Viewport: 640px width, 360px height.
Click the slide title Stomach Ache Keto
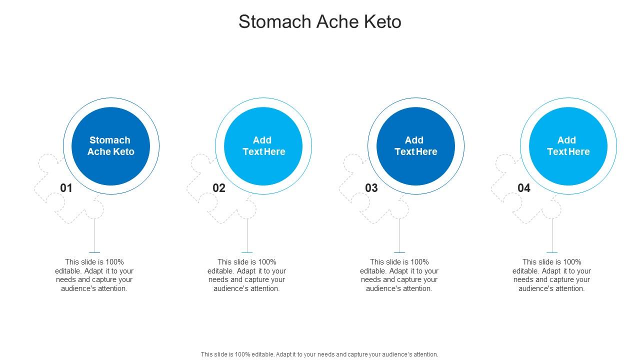(319, 22)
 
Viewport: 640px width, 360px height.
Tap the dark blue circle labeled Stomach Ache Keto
(111, 146)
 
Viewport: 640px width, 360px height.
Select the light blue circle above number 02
(263, 146)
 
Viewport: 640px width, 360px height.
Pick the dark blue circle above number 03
(415, 146)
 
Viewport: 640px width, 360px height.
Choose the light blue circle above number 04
(568, 146)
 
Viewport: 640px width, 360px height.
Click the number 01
(66, 188)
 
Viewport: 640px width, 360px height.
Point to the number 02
(219, 188)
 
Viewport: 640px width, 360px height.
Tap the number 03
(371, 188)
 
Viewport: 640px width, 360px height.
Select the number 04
(524, 188)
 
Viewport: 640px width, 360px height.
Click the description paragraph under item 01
(94, 275)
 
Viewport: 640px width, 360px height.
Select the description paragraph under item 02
(247, 275)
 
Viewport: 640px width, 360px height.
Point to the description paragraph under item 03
(399, 275)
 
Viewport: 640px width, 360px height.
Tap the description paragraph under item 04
(552, 275)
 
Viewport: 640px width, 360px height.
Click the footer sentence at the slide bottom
(319, 354)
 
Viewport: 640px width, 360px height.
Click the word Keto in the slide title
(382, 22)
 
